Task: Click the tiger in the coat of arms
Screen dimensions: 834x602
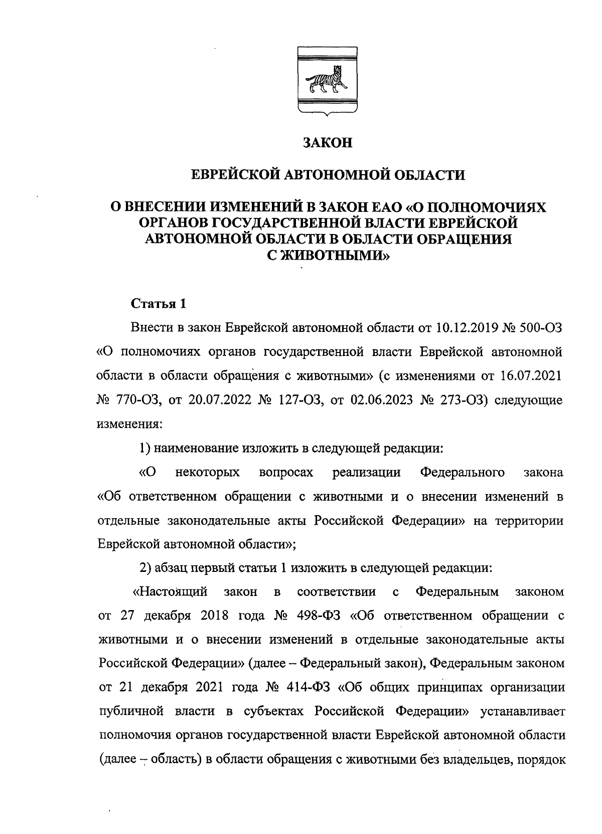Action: pos(326,82)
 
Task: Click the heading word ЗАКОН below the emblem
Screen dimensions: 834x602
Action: pos(328,143)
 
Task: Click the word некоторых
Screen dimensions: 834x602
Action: pos(208,472)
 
